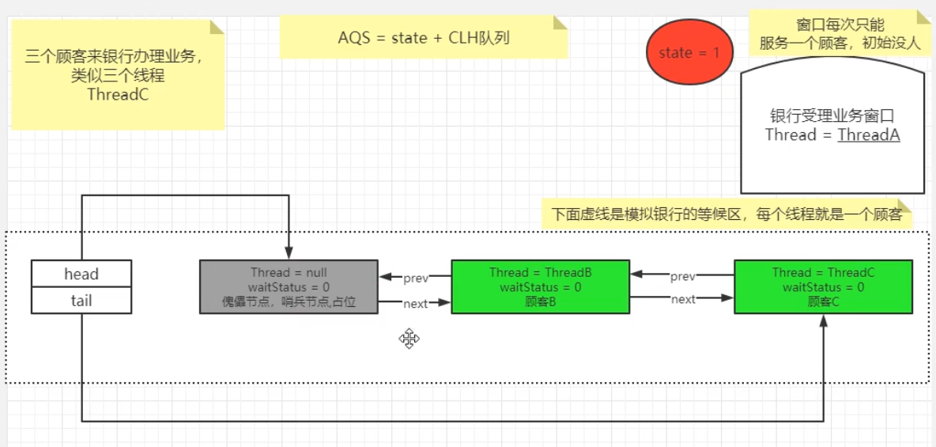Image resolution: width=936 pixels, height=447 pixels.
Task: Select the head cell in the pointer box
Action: tap(81, 275)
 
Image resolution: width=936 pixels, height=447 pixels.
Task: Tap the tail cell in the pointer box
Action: tap(81, 301)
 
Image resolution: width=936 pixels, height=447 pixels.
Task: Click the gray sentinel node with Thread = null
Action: tap(289, 286)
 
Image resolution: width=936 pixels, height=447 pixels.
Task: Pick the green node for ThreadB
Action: tap(540, 286)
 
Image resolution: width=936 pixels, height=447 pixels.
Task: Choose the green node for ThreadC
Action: tap(823, 286)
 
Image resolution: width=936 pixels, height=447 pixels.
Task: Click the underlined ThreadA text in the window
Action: tap(869, 135)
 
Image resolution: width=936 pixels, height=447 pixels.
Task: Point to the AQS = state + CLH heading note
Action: tap(424, 38)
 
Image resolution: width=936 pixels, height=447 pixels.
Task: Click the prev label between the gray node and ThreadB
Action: tap(416, 278)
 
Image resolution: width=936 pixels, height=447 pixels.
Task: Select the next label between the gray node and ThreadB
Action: tap(416, 304)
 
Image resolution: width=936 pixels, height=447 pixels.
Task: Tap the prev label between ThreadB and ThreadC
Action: tap(683, 276)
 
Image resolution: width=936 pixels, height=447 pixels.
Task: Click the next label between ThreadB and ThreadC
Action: tap(683, 299)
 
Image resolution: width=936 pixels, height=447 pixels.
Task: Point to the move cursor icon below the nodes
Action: tap(409, 339)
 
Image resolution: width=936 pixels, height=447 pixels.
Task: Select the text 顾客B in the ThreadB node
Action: tap(540, 301)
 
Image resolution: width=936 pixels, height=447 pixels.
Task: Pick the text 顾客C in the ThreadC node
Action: tap(823, 301)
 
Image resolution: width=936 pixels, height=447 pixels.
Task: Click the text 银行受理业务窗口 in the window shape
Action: tap(832, 116)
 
